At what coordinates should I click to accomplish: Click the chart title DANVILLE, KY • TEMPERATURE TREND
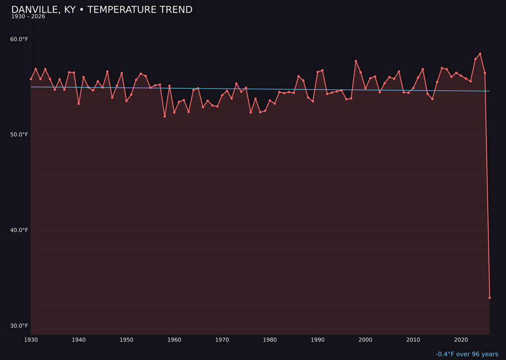(102, 10)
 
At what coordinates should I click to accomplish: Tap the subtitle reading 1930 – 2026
(28, 17)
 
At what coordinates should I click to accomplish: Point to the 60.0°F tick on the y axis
(19, 39)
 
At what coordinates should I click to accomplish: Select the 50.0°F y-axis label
(19, 135)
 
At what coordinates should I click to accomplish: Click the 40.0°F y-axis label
(19, 230)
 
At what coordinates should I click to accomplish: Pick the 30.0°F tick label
(19, 326)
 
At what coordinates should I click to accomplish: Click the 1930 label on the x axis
(30, 340)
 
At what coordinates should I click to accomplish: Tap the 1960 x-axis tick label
(174, 340)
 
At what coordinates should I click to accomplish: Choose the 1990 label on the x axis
(318, 340)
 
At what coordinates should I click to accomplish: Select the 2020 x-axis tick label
(461, 340)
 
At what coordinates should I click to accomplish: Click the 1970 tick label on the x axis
(222, 340)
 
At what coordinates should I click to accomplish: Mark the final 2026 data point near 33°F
(490, 298)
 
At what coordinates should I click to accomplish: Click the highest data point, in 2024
(480, 54)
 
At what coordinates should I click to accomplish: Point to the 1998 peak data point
(356, 61)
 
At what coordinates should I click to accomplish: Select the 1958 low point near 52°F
(164, 116)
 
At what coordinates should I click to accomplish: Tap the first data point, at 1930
(31, 79)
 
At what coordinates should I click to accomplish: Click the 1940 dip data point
(79, 104)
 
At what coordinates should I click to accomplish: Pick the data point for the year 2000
(365, 88)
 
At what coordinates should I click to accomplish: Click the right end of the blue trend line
(490, 91)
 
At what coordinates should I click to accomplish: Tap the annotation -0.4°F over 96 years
(467, 354)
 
